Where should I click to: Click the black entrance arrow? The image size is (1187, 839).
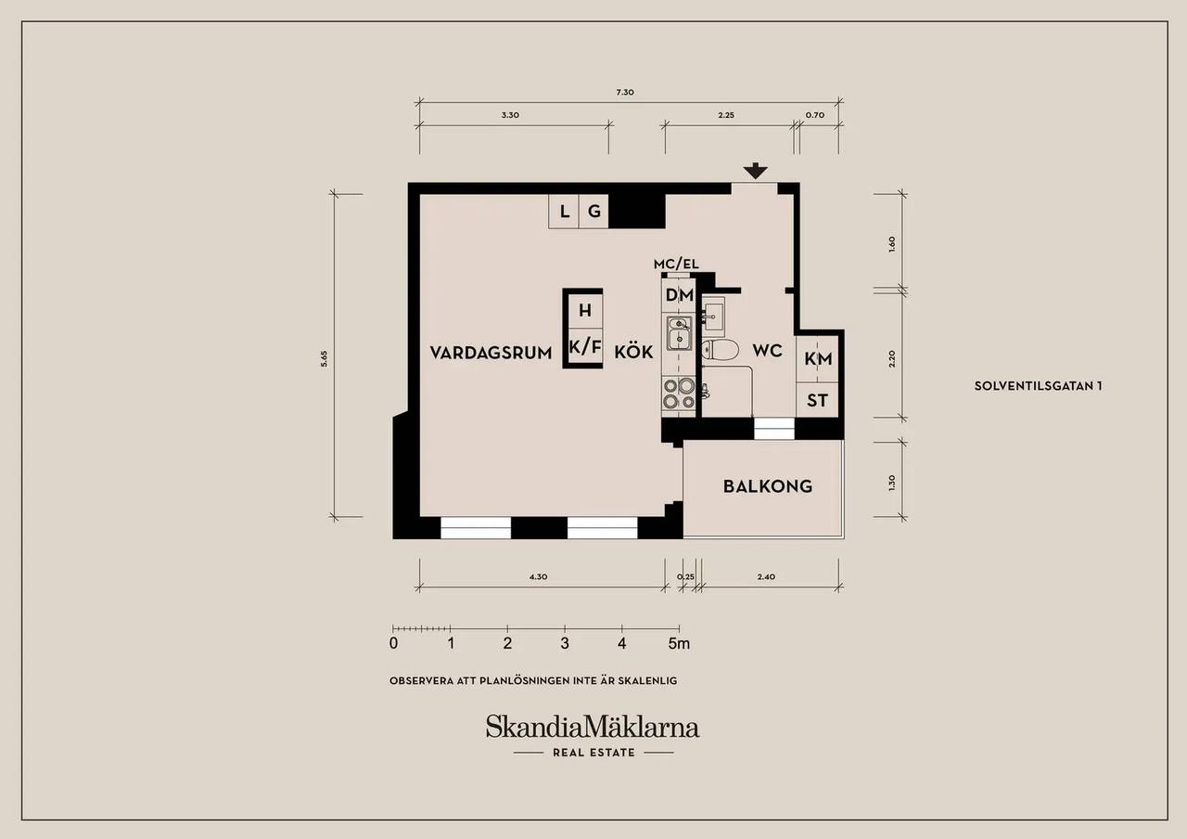click(755, 171)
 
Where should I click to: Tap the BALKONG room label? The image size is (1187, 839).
click(768, 486)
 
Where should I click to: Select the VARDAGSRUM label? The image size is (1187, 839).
click(491, 353)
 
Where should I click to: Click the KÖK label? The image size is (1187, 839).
click(633, 352)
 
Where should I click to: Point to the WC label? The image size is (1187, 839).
click(767, 351)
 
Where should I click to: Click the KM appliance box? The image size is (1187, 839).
click(817, 358)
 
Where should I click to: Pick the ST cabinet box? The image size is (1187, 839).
click(817, 400)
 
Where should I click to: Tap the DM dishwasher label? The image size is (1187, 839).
click(680, 295)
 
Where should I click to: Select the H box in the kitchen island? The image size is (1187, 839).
click(585, 311)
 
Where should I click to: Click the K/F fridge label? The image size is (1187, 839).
click(585, 347)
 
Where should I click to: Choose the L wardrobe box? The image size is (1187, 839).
click(563, 212)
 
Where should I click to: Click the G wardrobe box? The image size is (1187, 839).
click(593, 212)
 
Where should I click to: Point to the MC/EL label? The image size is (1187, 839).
click(676, 265)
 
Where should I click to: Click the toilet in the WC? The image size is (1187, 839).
click(721, 351)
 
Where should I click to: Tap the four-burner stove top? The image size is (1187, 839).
click(679, 394)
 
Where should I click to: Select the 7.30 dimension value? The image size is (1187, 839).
click(625, 92)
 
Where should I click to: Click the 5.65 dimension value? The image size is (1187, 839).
click(324, 358)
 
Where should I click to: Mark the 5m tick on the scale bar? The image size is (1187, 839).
click(680, 629)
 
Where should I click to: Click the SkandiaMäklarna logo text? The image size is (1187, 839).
click(593, 727)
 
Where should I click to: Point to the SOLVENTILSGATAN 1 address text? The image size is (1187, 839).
click(1038, 386)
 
